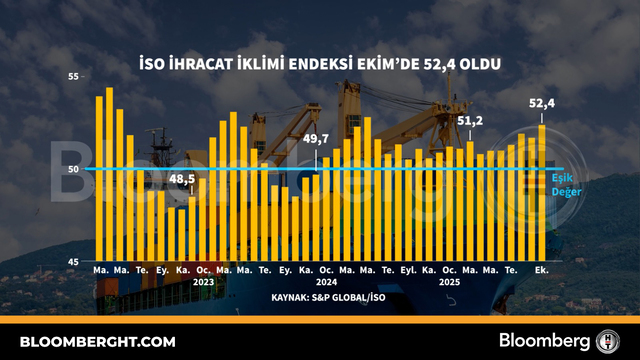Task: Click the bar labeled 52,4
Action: tap(542, 193)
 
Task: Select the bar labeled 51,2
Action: tap(470, 201)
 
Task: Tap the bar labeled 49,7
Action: tap(316, 218)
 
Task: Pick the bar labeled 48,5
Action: tap(192, 229)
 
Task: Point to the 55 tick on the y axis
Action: tap(73, 76)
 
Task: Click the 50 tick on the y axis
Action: tap(73, 169)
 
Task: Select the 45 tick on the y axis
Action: tap(73, 262)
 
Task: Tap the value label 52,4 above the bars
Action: tap(542, 104)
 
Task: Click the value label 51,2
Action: tap(470, 121)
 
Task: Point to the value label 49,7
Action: tap(316, 139)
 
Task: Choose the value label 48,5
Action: tap(182, 179)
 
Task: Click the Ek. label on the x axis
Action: tap(542, 270)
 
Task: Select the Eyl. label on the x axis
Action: tap(409, 270)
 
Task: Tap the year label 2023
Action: tap(203, 282)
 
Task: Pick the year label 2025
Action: tap(449, 282)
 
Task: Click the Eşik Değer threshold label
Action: tap(567, 185)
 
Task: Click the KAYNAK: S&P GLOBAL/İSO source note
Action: tap(328, 297)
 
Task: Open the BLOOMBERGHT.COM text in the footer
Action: tap(98, 342)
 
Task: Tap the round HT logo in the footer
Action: tap(608, 341)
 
